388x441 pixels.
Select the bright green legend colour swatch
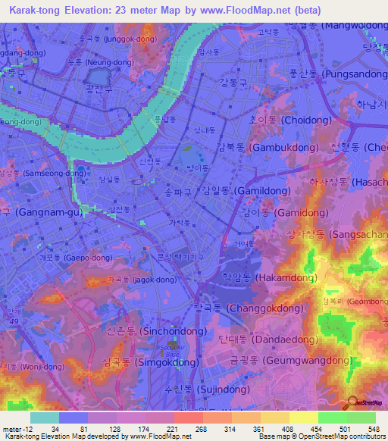pos(333,418)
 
